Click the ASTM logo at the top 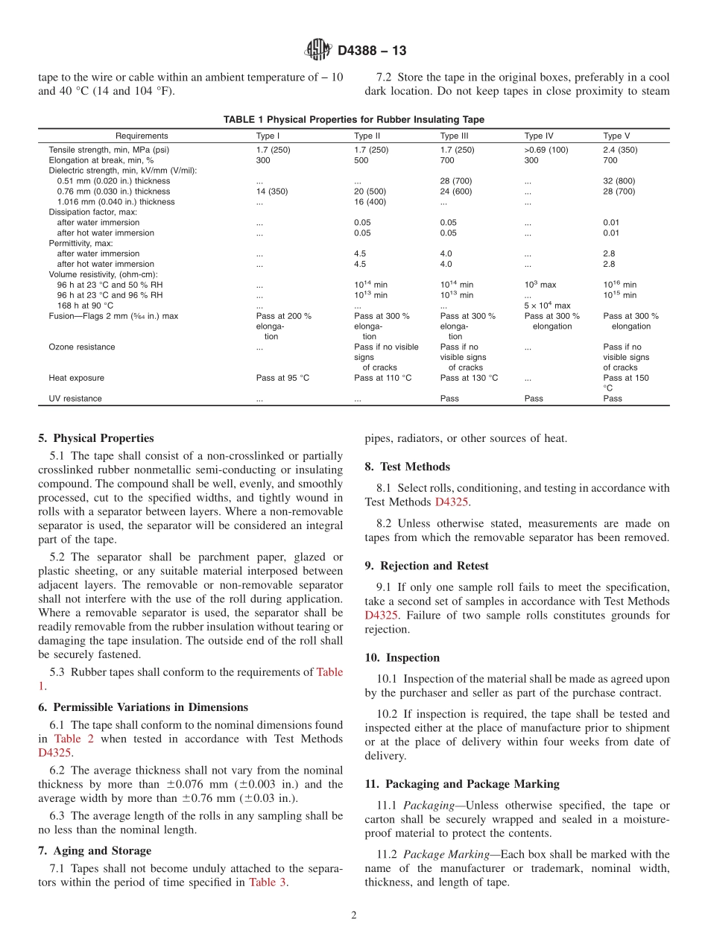point(318,51)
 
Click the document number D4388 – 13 point(372,51)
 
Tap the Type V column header point(616,136)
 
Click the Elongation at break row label point(101,160)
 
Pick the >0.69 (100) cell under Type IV point(546,150)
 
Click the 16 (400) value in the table point(370,202)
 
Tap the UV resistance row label point(75,399)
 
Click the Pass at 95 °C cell point(282,378)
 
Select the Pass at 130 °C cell point(469,378)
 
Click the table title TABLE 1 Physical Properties point(353,119)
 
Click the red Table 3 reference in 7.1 point(267,882)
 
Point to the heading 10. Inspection point(402,657)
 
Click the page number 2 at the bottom point(354,915)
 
